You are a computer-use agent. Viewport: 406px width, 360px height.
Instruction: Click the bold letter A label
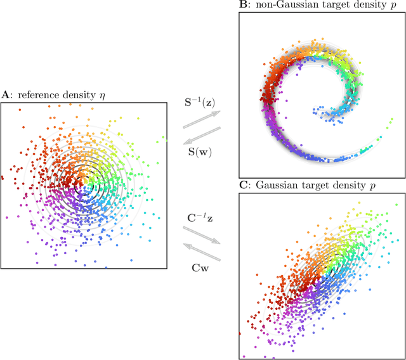tap(5, 94)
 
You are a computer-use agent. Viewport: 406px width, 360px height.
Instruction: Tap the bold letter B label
tap(243, 5)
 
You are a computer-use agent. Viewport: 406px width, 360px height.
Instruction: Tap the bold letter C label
tap(243, 184)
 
